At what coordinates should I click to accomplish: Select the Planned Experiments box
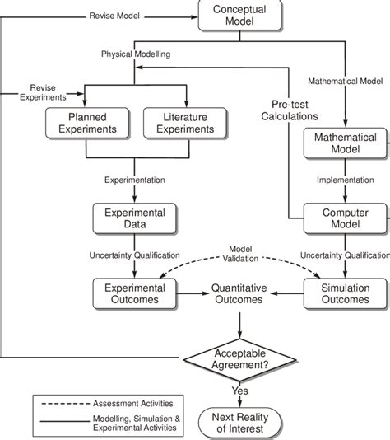[86, 123]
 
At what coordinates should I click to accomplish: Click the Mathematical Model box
[344, 145]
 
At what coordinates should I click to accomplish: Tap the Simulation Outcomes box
[344, 293]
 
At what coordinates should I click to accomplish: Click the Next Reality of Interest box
[239, 418]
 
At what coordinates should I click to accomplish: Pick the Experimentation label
[133, 179]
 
